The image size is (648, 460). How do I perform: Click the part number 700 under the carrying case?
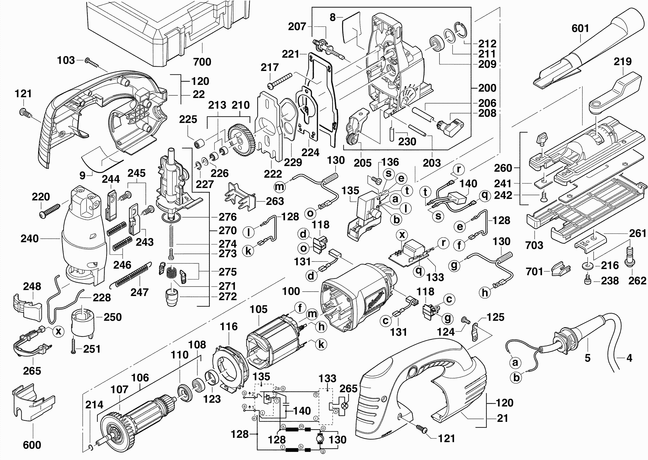click(202, 62)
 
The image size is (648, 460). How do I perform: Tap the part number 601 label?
click(580, 28)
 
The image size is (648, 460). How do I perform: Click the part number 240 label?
click(29, 238)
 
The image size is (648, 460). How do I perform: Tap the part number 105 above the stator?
click(258, 309)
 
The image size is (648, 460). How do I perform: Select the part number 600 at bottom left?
click(32, 445)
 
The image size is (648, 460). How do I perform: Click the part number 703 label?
click(534, 245)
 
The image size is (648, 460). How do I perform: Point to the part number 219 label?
click(623, 61)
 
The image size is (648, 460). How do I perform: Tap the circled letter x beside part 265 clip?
click(59, 331)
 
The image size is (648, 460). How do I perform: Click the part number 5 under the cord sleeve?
click(588, 358)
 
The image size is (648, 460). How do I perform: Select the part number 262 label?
click(637, 281)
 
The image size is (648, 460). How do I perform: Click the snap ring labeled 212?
click(461, 29)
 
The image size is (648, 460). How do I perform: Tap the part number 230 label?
click(407, 142)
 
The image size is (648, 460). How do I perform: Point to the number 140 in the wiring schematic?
click(302, 411)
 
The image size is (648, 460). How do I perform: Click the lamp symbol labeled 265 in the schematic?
click(345, 406)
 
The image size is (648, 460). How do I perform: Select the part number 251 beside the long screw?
click(92, 349)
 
